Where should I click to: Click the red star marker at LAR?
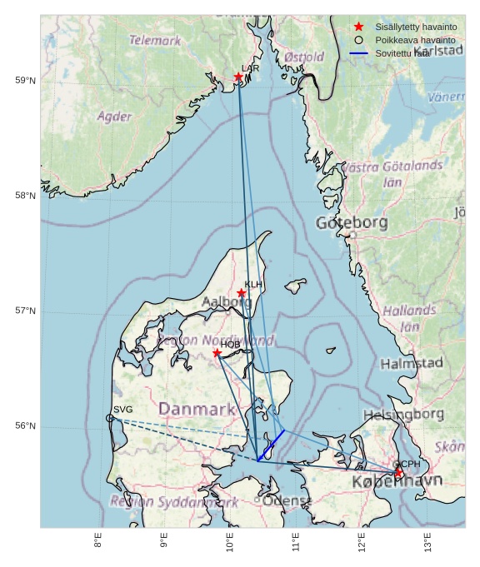[x=238, y=77]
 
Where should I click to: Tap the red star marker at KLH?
[x=241, y=293]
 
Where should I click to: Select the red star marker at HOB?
[x=217, y=353]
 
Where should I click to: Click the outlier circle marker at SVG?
[x=110, y=418]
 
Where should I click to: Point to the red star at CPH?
[x=398, y=472]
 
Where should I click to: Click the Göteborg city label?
[x=351, y=223]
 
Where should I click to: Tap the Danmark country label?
[x=197, y=410]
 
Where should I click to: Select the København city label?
[x=397, y=482]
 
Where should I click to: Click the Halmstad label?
[x=411, y=364]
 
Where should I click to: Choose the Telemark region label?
[x=155, y=40]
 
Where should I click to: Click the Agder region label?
[x=114, y=117]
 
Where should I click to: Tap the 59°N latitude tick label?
[x=26, y=81]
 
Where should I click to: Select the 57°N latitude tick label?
[x=26, y=311]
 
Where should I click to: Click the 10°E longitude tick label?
[x=230, y=542]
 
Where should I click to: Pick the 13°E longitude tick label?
[x=427, y=542]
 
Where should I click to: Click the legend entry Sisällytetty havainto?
[x=415, y=27]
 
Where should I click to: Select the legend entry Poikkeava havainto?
[x=414, y=40]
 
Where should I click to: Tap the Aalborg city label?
[x=226, y=302]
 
